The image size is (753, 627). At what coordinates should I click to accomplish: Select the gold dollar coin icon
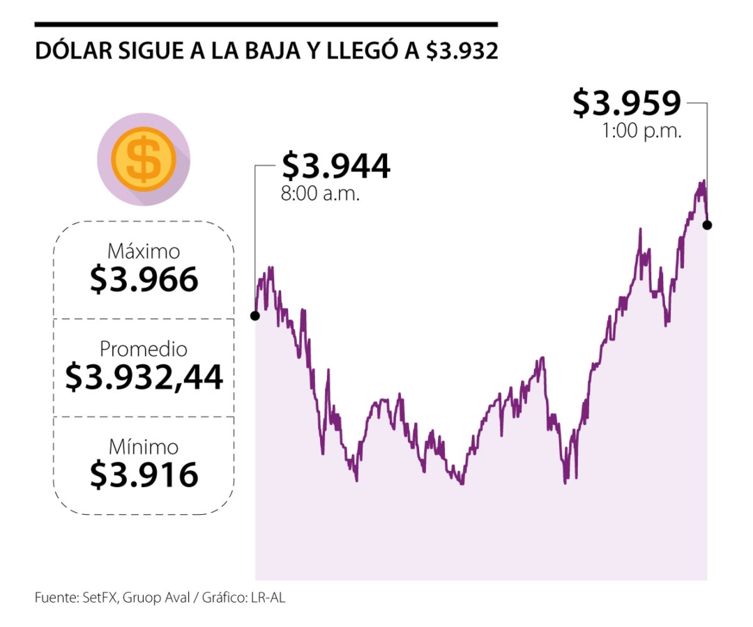click(144, 159)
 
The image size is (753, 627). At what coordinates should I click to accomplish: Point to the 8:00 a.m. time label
click(320, 194)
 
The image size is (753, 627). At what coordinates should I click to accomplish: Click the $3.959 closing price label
click(626, 104)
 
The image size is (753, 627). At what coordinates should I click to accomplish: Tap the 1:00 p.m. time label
click(641, 130)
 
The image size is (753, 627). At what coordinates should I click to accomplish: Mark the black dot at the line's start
click(255, 316)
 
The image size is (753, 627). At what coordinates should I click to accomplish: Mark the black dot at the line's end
click(707, 225)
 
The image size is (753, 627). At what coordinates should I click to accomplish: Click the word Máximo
click(144, 251)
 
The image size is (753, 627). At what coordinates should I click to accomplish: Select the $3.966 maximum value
click(144, 280)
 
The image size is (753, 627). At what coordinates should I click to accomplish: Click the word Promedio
click(144, 348)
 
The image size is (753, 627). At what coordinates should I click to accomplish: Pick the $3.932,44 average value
click(144, 378)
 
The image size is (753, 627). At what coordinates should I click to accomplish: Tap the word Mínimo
click(144, 447)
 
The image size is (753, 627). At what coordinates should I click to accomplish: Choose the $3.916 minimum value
click(144, 475)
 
